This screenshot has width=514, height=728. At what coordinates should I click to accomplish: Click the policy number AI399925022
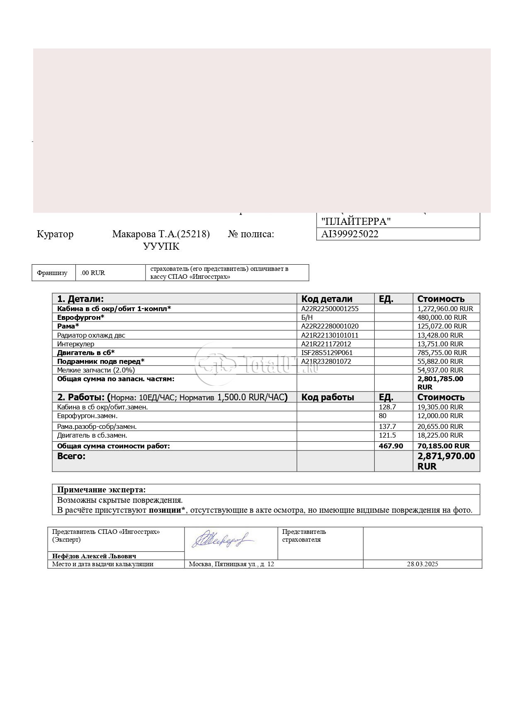click(350, 234)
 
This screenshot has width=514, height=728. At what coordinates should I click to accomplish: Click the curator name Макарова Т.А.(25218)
click(161, 234)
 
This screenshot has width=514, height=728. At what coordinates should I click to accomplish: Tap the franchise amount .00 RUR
click(93, 273)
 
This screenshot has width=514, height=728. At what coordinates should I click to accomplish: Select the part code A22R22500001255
click(330, 309)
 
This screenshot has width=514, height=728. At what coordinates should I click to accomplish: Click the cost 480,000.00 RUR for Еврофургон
click(442, 317)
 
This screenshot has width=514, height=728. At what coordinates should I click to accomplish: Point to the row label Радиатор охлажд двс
click(91, 335)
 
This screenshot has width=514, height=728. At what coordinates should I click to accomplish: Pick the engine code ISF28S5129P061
click(327, 353)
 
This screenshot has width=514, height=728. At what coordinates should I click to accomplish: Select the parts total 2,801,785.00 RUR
click(440, 382)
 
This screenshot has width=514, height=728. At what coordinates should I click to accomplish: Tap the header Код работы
click(327, 397)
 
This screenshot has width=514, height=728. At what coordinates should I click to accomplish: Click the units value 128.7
click(388, 407)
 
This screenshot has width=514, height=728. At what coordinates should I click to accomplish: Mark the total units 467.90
click(391, 446)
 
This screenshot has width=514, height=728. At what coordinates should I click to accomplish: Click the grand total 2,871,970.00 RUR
click(446, 461)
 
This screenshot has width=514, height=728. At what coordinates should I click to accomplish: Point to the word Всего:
click(71, 456)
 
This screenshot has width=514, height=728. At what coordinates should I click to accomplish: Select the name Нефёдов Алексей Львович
click(94, 556)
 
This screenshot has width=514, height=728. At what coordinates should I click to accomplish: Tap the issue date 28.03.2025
click(422, 564)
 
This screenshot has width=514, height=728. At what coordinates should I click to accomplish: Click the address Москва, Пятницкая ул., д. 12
click(231, 564)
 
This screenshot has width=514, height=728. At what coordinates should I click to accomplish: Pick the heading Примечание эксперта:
click(102, 489)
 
